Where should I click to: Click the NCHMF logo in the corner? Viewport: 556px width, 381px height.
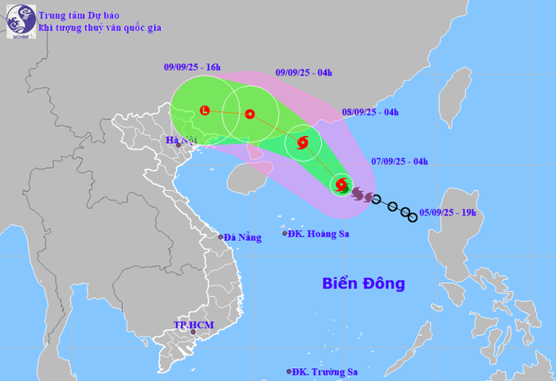click(17, 21)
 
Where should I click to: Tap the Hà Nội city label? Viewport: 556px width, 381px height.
click(176, 141)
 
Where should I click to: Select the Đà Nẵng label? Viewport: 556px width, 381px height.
click(242, 237)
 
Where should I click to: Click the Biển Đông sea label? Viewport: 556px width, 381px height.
click(363, 283)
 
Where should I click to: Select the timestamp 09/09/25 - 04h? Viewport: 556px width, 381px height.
click(303, 73)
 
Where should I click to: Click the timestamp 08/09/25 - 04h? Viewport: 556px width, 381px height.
click(370, 112)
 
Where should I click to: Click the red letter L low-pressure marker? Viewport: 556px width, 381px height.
click(205, 111)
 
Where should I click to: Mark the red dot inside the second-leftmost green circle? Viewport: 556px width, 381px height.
click(250, 114)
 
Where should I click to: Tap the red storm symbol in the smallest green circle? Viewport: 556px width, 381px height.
click(302, 143)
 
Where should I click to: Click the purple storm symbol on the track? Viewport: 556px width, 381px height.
click(358, 193)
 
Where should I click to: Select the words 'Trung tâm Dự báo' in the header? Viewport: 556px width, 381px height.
click(76, 14)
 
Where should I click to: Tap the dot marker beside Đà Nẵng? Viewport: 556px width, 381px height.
click(221, 236)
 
